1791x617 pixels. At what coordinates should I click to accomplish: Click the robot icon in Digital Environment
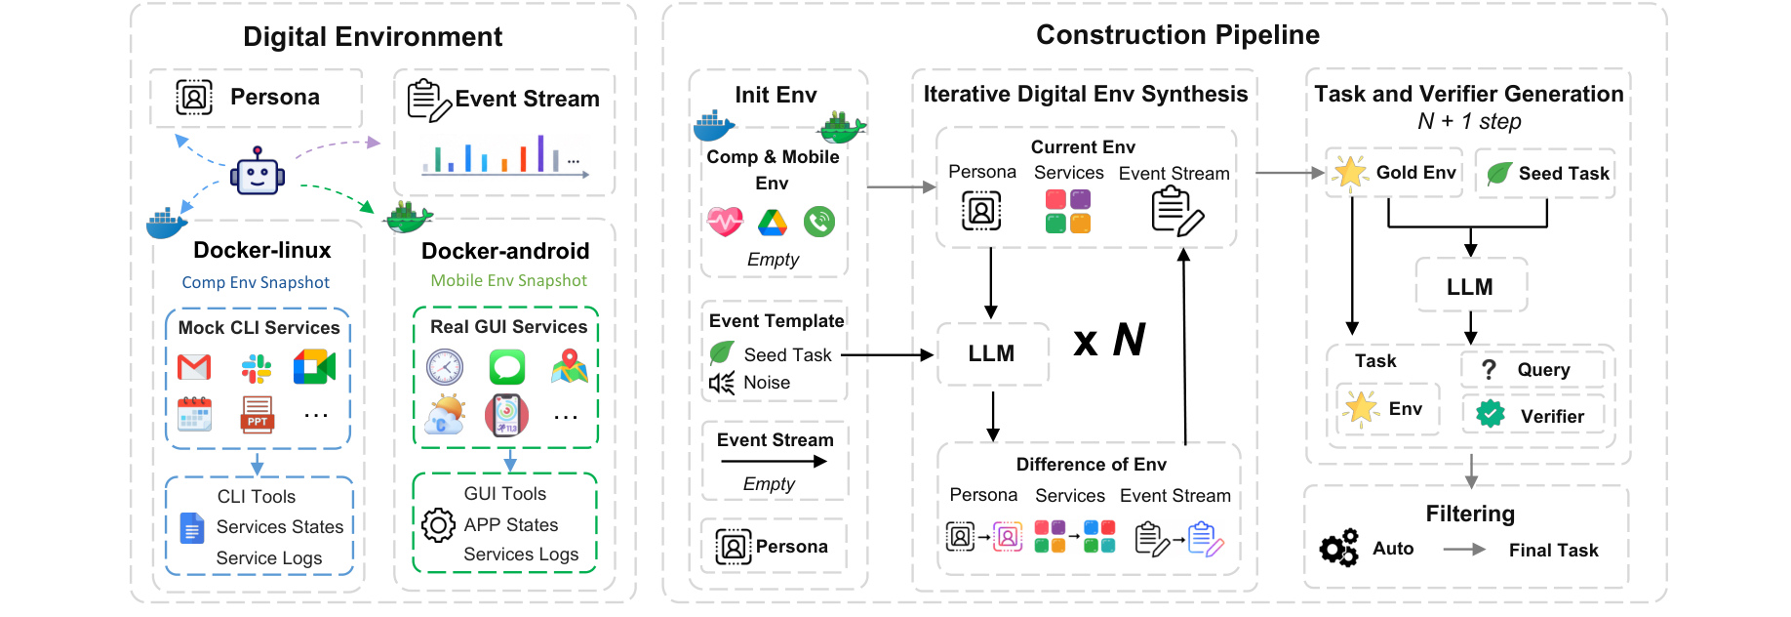[258, 172]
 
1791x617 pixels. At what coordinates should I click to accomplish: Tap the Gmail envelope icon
[194, 367]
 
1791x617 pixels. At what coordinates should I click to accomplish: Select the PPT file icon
[258, 415]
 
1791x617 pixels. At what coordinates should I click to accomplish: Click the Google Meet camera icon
[314, 367]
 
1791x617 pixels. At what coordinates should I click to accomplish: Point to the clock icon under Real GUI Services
[445, 368]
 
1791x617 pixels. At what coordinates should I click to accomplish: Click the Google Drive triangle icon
[772, 224]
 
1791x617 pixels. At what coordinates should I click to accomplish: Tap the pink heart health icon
[726, 222]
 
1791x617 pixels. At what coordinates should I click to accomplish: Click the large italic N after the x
[1129, 340]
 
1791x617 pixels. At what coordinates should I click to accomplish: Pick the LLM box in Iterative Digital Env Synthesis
[992, 353]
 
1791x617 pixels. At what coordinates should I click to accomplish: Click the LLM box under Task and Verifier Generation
[1470, 286]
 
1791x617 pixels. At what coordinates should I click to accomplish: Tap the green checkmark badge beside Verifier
[1491, 415]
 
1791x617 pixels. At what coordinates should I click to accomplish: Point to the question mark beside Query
[1489, 370]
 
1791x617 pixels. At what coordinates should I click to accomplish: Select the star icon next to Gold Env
[1351, 173]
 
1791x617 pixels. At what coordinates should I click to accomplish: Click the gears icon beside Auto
[1339, 548]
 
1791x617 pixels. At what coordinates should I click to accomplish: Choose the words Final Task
[1554, 550]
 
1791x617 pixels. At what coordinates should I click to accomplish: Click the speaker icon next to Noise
[722, 383]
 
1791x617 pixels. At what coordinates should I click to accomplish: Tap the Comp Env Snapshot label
[256, 282]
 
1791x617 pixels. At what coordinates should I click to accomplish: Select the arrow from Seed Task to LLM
[888, 355]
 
